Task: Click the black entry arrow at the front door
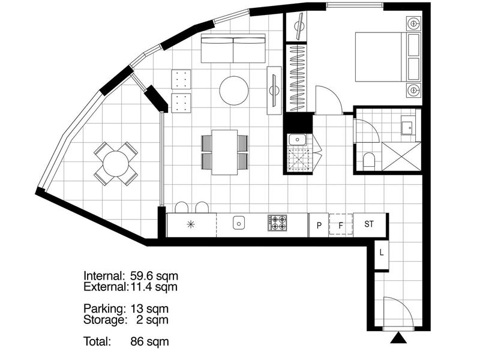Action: pyautogui.click(x=398, y=338)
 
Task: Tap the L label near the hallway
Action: pyautogui.click(x=382, y=253)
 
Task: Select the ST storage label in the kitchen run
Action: pyautogui.click(x=369, y=224)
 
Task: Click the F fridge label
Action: pyautogui.click(x=341, y=226)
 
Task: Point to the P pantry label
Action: pyautogui.click(x=319, y=226)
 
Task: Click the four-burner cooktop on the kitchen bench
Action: pyautogui.click(x=277, y=223)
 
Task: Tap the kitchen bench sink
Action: pyautogui.click(x=239, y=223)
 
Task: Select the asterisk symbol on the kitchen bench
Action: pyautogui.click(x=191, y=224)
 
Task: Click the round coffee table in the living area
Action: pyautogui.click(x=234, y=91)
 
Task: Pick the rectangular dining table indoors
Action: pyautogui.click(x=224, y=152)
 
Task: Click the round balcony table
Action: pyautogui.click(x=116, y=164)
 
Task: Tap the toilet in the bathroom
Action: pyautogui.click(x=369, y=160)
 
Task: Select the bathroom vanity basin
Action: pyautogui.click(x=407, y=126)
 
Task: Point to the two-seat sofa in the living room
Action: pyautogui.click(x=233, y=49)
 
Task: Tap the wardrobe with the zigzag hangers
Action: pyautogui.click(x=298, y=78)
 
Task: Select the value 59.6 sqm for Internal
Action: pyautogui.click(x=154, y=276)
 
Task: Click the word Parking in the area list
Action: pyautogui.click(x=104, y=308)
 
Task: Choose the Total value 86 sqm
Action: pyautogui.click(x=149, y=341)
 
